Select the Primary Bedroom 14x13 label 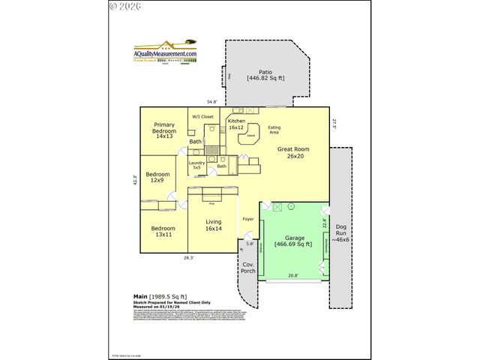pos(165,130)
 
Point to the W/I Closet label pos(202,117)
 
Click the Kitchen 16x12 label pos(237,124)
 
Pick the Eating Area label pos(275,130)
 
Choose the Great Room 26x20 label pos(293,153)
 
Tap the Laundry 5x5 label pos(196,165)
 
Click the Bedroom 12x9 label pos(157,178)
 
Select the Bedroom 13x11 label pos(163,232)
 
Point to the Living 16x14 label pos(214,225)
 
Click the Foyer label pos(247,219)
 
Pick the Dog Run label pos(340,232)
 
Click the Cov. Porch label pos(247,268)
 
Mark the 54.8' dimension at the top pos(212,102)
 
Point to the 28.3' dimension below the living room pos(190,257)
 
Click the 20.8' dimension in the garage pos(292,276)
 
